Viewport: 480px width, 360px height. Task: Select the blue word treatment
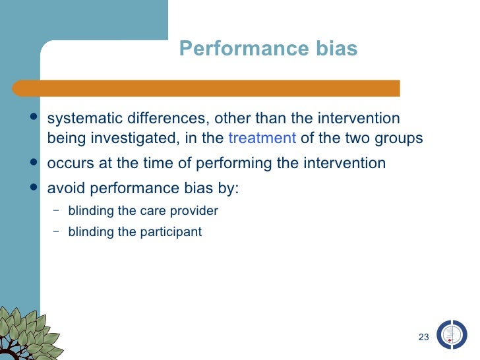coord(262,138)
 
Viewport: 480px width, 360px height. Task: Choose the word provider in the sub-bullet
coord(196,211)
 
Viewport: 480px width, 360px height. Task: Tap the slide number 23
coord(423,338)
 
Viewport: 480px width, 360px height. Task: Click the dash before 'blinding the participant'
coord(55,231)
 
